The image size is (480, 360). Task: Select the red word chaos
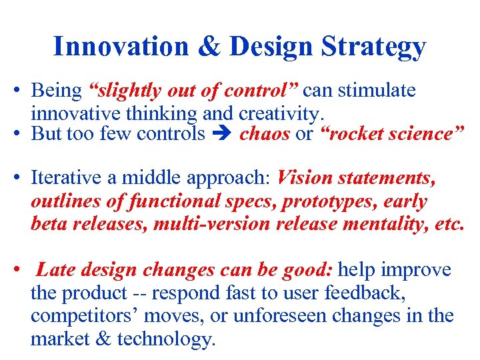click(x=265, y=134)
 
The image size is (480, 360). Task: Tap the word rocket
click(x=352, y=134)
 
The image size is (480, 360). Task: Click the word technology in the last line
click(x=166, y=339)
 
